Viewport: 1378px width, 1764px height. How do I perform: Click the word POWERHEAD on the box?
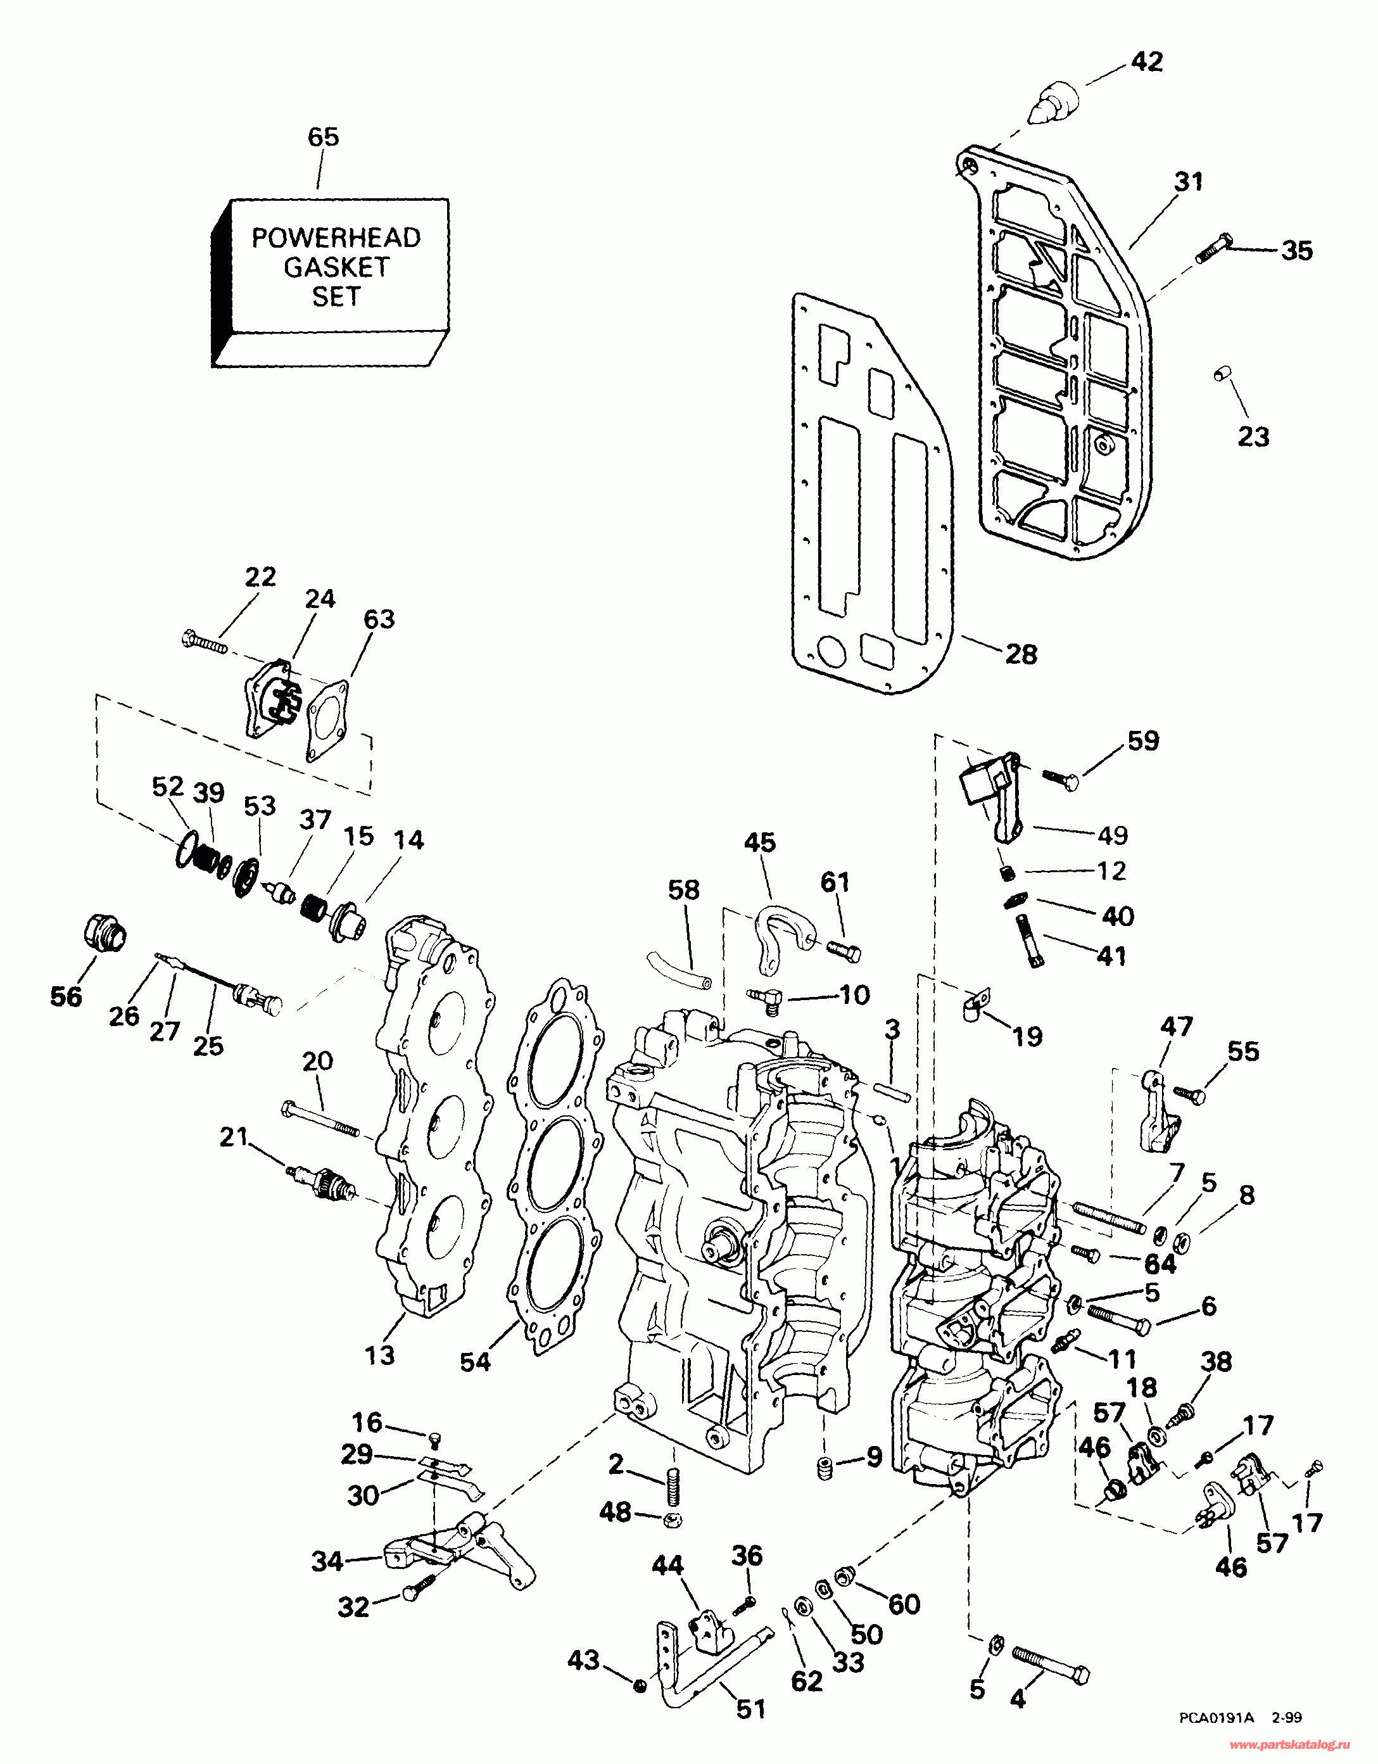[336, 238]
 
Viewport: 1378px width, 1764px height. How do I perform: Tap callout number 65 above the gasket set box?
[323, 137]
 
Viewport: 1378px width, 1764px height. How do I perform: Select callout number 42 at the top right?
[1147, 61]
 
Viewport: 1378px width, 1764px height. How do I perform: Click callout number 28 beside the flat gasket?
[1021, 654]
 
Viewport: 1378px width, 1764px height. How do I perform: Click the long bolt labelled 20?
[320, 1119]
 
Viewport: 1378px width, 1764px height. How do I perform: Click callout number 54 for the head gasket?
[475, 1362]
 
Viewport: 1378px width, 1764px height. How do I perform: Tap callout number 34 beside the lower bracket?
[327, 1561]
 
